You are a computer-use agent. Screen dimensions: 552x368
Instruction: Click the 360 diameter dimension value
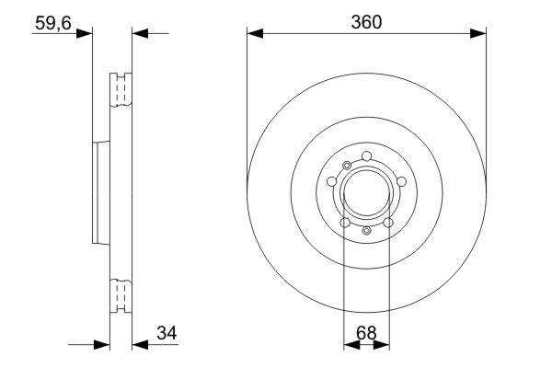click(366, 22)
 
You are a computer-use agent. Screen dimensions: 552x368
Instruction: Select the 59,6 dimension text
click(53, 24)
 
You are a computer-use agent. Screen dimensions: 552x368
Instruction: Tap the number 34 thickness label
click(167, 333)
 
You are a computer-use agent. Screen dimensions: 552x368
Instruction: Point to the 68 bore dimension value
click(366, 333)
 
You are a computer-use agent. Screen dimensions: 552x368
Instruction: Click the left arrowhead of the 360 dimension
click(255, 34)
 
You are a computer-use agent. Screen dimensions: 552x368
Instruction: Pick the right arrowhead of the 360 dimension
click(478, 34)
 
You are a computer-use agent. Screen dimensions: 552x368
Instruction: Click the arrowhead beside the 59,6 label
click(85, 34)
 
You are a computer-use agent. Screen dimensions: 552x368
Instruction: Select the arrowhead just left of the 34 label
click(140, 345)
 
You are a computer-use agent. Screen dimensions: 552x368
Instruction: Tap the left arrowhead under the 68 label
click(351, 345)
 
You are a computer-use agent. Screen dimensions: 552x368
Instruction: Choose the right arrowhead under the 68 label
click(381, 345)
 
